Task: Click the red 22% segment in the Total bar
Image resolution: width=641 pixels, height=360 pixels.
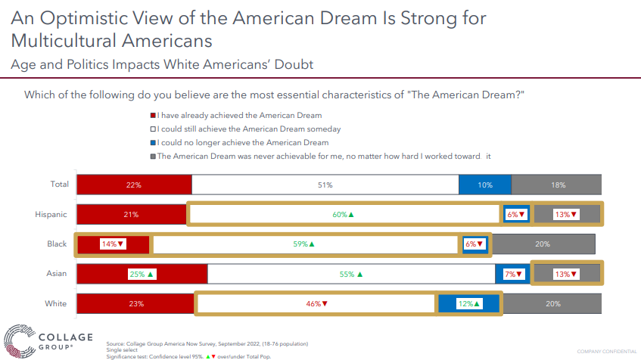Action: pos(134,185)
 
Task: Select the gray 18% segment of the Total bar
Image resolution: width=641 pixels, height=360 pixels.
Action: pos(556,185)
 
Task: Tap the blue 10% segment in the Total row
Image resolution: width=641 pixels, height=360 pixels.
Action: pos(485,185)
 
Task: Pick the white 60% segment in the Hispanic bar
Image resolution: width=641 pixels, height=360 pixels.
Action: pos(344,214)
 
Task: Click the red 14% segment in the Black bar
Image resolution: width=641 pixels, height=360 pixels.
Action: pos(112,244)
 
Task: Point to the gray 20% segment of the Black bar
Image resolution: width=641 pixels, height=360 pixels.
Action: pos(543,244)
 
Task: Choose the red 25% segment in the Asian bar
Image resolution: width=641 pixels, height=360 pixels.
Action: pos(142,274)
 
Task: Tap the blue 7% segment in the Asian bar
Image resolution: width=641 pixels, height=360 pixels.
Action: pos(512,274)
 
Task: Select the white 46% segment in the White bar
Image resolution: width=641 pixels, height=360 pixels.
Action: pos(315,303)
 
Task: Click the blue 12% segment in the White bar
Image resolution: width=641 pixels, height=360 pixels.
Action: pos(469,303)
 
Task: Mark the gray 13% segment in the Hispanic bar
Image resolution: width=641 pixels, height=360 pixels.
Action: pos(566,214)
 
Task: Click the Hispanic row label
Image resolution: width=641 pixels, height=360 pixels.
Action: pos(51,214)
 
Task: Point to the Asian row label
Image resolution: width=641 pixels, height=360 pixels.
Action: pos(58,274)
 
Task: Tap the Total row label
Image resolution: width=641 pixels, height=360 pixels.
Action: pos(59,185)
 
